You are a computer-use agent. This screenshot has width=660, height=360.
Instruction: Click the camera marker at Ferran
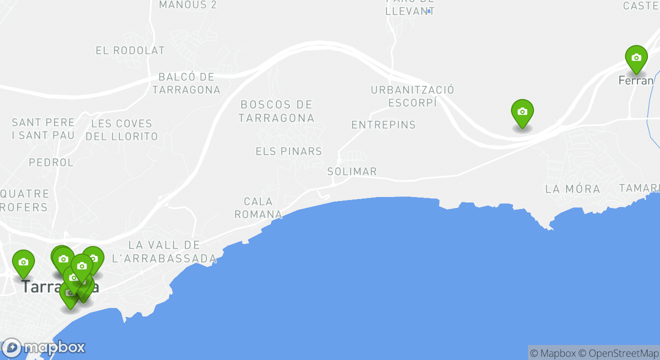pos(636,58)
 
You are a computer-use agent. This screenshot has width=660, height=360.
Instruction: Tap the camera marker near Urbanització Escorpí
pos(522,112)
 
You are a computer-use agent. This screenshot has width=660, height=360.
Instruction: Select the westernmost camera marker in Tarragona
pos(23,262)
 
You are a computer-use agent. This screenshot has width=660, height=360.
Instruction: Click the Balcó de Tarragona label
pos(186,83)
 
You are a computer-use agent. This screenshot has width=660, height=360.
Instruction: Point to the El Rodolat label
pos(130,50)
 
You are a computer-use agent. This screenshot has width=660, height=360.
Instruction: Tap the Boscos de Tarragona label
pos(276,111)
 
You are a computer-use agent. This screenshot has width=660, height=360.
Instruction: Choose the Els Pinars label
pos(288,151)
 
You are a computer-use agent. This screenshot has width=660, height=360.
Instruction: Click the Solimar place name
pos(352,171)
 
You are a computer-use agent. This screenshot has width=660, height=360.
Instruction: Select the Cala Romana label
pos(258,208)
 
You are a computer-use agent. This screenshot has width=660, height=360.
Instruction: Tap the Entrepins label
pos(383,125)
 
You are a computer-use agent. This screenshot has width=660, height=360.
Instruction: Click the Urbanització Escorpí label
pos(412,96)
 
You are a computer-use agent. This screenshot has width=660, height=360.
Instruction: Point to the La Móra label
pos(572,189)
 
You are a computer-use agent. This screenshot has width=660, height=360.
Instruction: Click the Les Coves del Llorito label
pos(121,129)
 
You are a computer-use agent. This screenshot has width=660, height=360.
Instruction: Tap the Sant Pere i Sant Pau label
pos(43,128)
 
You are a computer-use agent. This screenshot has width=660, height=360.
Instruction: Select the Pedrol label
pos(51,162)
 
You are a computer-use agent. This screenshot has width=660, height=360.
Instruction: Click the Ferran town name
pos(636,80)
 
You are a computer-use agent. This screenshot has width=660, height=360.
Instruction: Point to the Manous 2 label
pos(188,5)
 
